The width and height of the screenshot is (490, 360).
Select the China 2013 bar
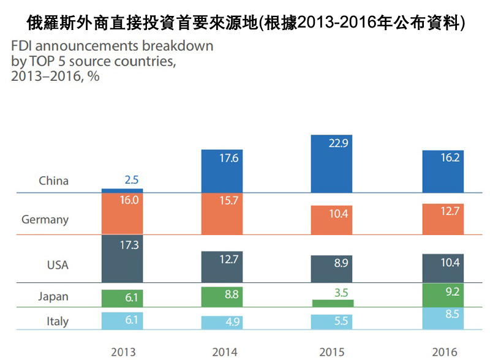point(123,190)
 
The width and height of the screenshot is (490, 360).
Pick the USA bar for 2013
point(123,257)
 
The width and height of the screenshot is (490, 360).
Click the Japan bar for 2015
point(332,303)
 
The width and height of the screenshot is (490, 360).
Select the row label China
point(54,181)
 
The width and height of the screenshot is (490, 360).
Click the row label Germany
point(45,219)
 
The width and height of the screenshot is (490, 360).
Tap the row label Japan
point(53,296)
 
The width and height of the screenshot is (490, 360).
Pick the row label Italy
point(58,321)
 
